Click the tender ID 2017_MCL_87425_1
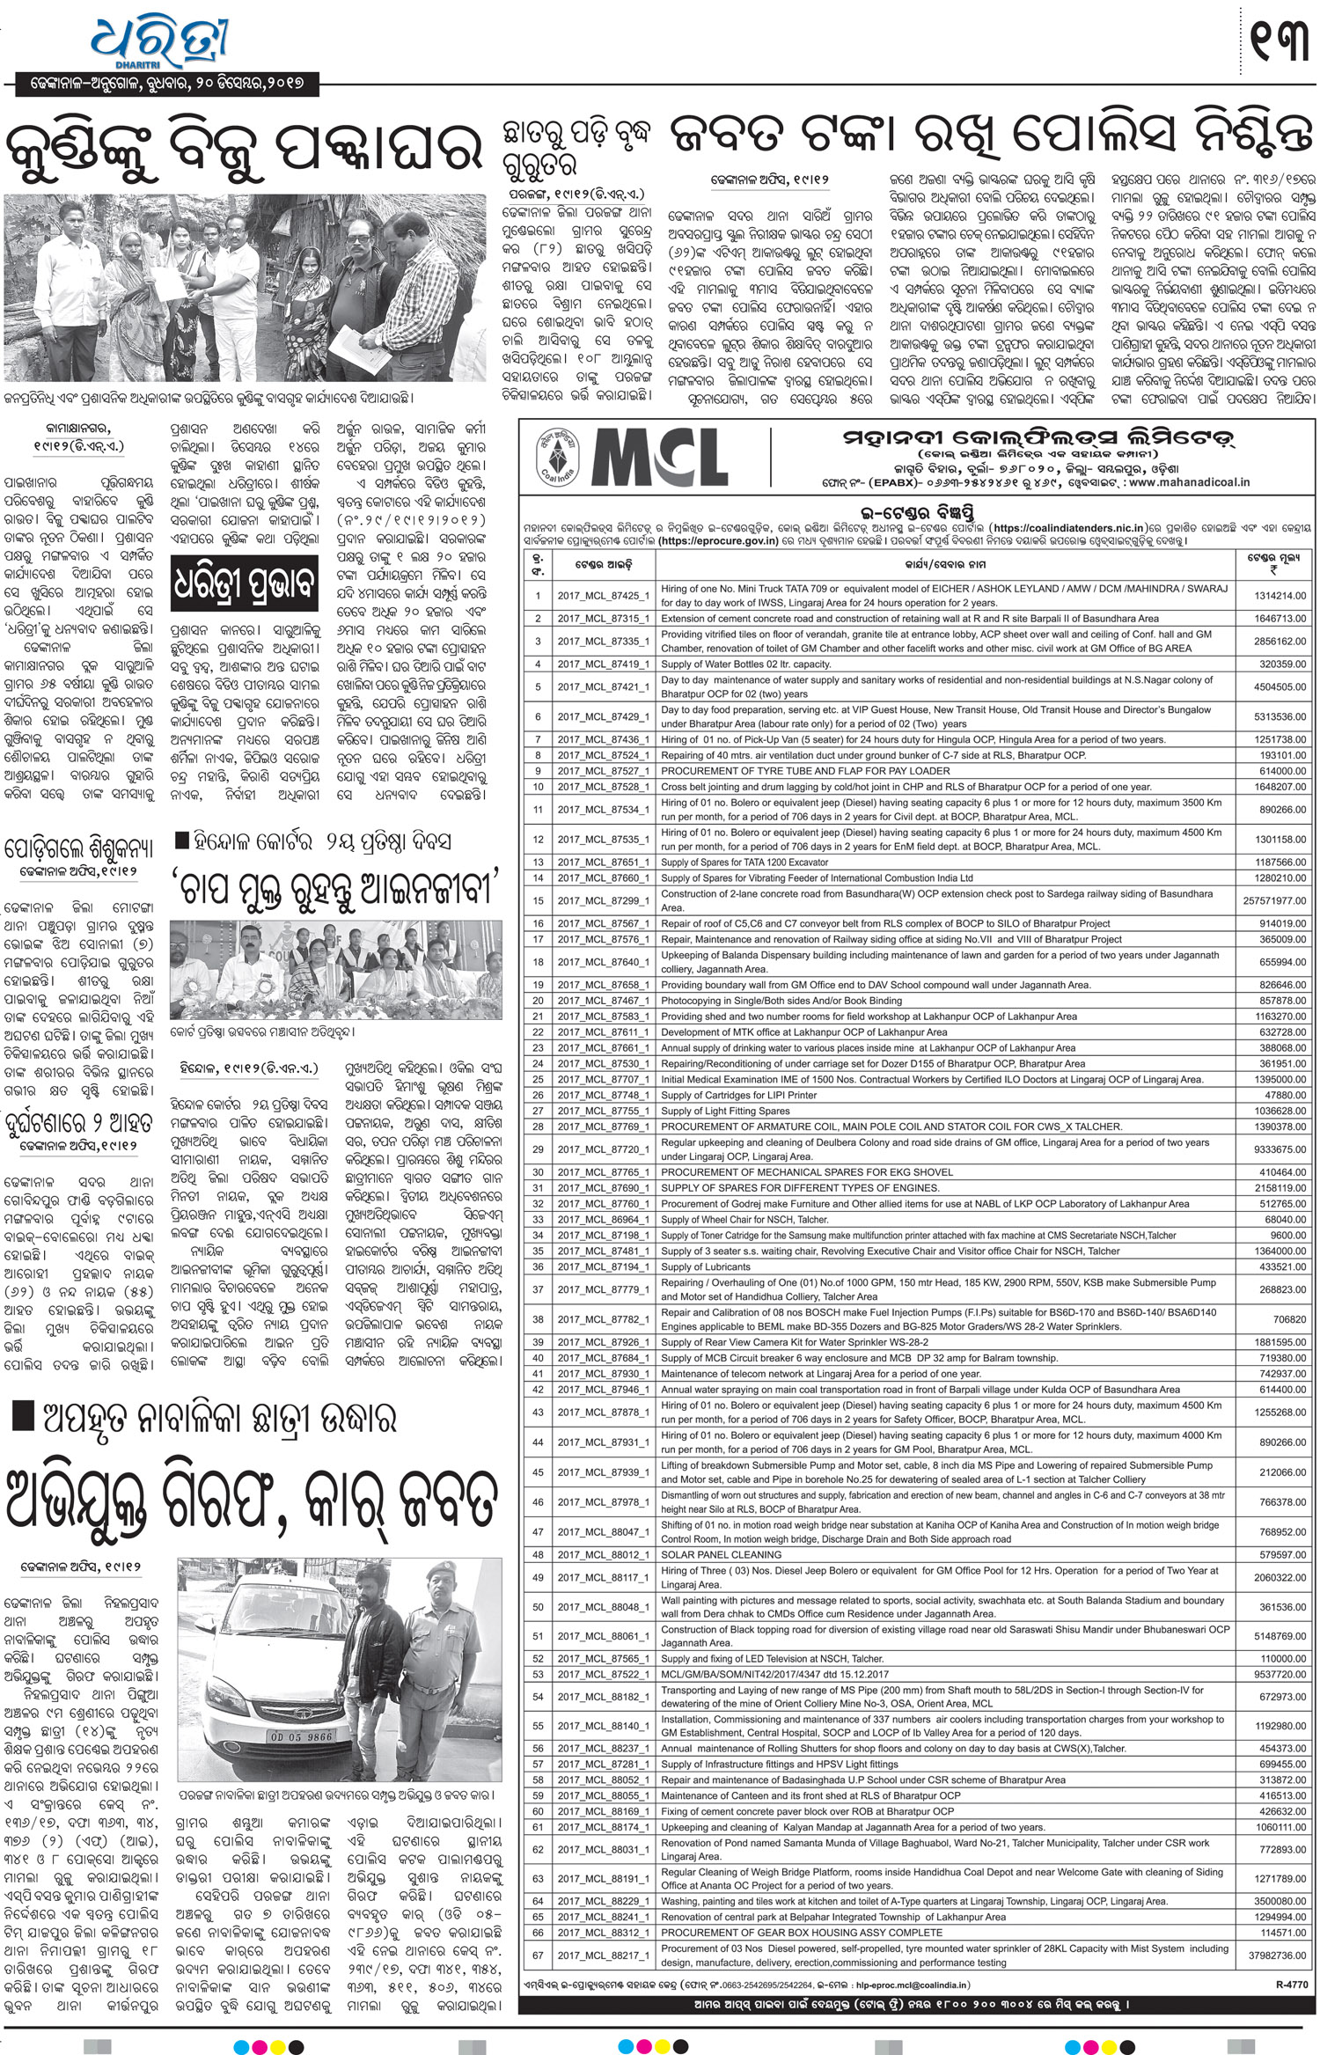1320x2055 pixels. pos(603,596)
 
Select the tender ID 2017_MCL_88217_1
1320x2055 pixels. pos(603,1956)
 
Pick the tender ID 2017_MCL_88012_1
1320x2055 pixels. pos(603,1555)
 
